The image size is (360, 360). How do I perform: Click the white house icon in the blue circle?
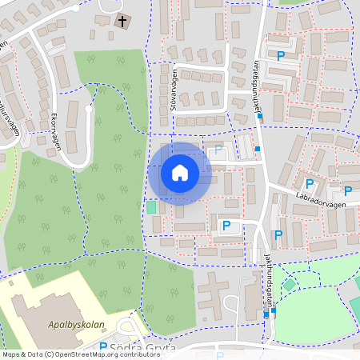180,173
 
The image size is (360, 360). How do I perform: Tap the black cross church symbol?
122,22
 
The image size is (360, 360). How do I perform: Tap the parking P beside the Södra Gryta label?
103,347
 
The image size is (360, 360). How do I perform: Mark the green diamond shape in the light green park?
289,284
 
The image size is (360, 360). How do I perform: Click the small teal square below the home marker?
151,207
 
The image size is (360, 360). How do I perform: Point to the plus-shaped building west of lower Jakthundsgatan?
214,290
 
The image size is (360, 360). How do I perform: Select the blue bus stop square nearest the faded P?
257,149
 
